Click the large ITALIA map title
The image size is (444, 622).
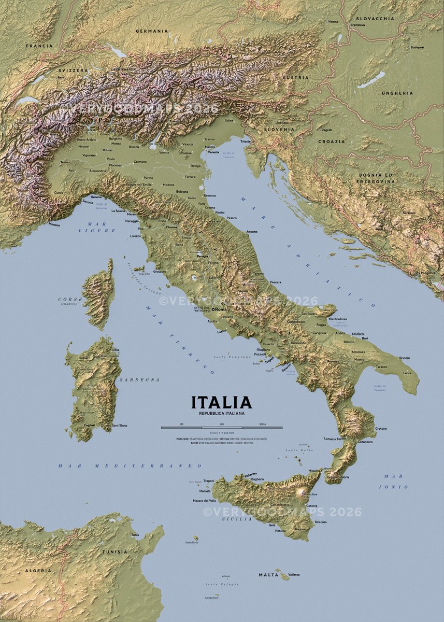point(221,402)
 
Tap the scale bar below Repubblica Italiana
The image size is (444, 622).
point(221,428)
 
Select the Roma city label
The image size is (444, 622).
point(221,309)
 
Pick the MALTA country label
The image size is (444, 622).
point(268,575)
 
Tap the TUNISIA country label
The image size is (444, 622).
point(114,552)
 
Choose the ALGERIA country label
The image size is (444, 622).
point(39,570)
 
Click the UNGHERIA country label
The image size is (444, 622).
point(397,93)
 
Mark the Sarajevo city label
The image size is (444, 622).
point(409,213)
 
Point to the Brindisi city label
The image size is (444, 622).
point(405,358)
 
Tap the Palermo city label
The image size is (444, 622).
point(251,474)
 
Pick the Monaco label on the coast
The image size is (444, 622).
point(54,225)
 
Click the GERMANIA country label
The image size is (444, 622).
point(152,31)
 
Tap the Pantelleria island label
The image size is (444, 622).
point(192,543)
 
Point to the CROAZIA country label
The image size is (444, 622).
point(331,142)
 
